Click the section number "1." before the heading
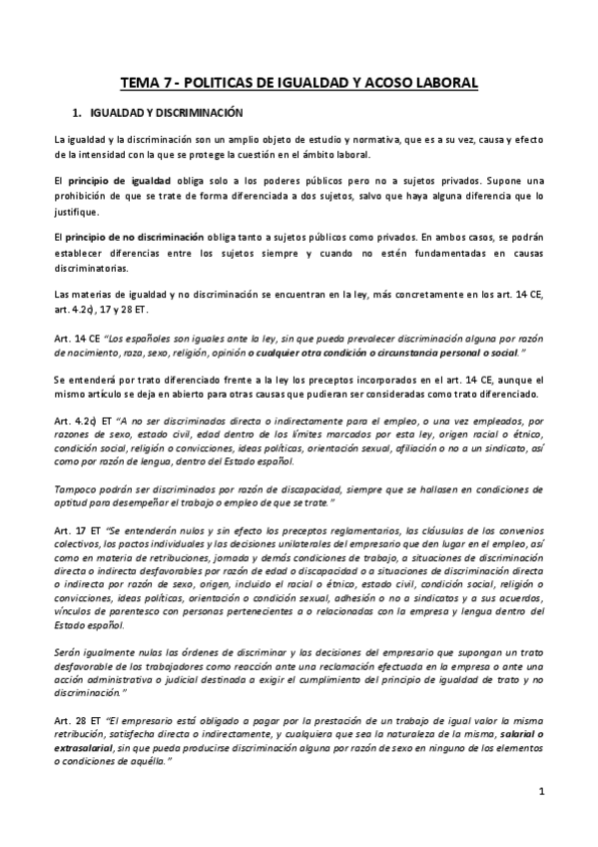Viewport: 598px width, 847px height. tap(75, 115)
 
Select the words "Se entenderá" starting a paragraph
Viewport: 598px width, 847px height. tap(83, 380)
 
